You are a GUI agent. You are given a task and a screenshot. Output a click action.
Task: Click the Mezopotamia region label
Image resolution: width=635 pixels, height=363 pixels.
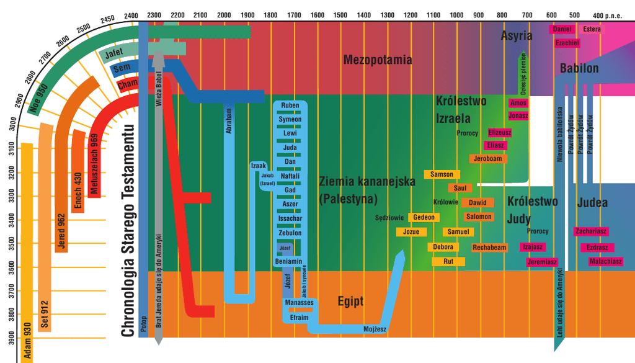378,60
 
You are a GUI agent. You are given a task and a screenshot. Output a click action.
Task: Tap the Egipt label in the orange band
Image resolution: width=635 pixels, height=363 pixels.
350,302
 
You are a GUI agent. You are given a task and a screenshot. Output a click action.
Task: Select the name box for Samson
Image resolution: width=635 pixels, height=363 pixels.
442,174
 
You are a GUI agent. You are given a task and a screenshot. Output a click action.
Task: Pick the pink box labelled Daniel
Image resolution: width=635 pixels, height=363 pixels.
562,29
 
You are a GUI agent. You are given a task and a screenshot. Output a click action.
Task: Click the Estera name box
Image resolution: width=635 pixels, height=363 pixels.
592,29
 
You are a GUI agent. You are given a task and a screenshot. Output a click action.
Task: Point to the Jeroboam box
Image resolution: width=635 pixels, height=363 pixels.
487,159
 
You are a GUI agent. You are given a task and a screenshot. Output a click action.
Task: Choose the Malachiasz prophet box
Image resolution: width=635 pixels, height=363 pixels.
605,261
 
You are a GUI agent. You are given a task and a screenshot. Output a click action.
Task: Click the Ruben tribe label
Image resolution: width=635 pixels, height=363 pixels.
290,105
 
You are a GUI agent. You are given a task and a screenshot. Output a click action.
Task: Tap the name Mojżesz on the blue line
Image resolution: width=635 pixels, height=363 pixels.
375,328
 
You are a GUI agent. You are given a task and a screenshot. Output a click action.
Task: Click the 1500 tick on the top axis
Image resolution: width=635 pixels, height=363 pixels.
340,15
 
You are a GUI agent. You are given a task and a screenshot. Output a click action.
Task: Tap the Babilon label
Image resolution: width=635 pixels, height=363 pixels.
579,68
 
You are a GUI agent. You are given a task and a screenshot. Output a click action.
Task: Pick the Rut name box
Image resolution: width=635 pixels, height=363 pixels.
450,262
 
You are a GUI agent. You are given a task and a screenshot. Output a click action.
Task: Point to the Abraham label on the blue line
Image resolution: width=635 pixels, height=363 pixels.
228,121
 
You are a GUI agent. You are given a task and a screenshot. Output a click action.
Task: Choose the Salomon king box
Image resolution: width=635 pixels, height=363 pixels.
479,217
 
